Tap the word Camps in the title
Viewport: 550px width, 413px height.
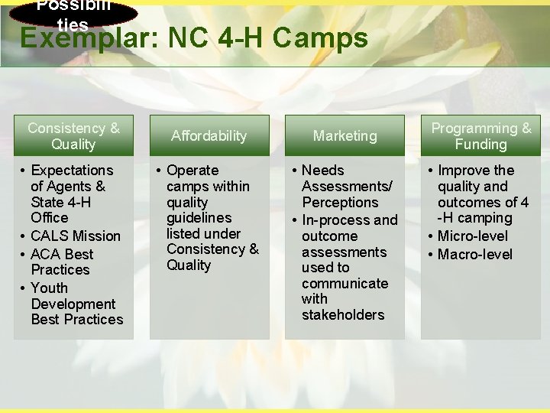click(328, 38)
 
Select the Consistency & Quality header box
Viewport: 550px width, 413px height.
click(73, 136)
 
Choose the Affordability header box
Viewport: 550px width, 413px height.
click(209, 136)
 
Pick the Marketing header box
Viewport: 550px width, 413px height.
click(345, 136)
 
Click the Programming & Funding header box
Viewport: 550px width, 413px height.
click(481, 136)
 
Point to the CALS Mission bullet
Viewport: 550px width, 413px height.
click(76, 236)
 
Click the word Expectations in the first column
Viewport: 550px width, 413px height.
click(72, 171)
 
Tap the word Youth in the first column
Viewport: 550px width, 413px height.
click(50, 288)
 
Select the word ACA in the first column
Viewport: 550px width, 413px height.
click(46, 254)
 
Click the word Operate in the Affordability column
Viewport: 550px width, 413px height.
click(192, 171)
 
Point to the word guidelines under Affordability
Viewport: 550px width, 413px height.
click(199, 218)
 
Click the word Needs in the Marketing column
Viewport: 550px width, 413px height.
click(323, 171)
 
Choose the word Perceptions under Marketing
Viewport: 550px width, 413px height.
click(340, 203)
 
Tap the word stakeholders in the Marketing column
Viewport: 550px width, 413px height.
click(343, 315)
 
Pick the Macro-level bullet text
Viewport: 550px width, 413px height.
click(475, 255)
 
